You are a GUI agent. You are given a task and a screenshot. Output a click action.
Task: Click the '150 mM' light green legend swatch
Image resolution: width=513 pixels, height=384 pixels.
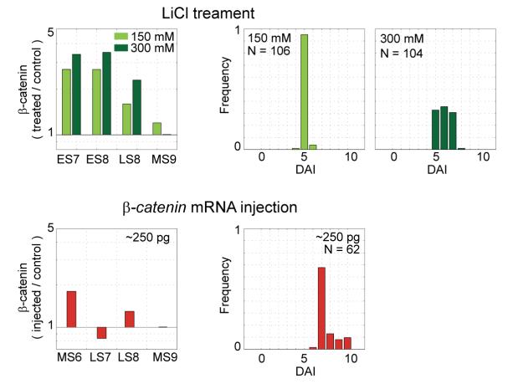(123, 37)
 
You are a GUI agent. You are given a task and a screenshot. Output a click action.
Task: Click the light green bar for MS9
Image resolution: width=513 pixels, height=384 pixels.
(156, 128)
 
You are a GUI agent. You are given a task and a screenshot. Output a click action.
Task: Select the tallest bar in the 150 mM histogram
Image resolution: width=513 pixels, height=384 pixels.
(305, 92)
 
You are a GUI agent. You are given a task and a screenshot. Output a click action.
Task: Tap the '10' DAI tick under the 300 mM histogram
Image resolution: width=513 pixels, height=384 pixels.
(483, 157)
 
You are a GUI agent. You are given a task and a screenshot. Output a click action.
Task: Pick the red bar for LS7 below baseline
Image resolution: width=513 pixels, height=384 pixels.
(101, 332)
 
